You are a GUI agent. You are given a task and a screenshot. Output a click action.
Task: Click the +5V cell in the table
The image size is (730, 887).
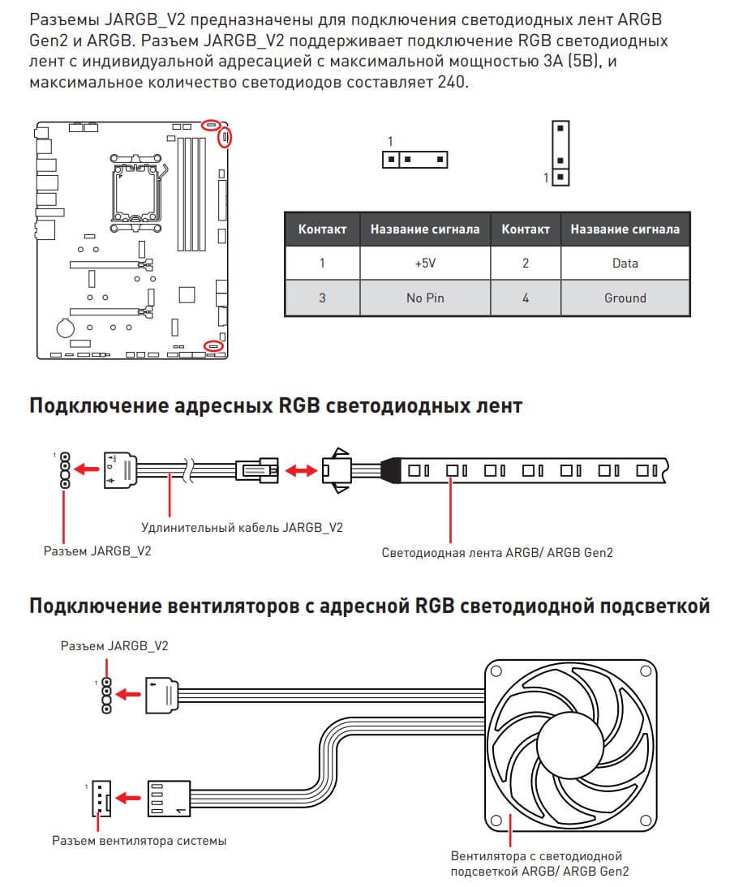pos(425,263)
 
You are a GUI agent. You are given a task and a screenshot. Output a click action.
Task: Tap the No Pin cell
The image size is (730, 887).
pos(425,298)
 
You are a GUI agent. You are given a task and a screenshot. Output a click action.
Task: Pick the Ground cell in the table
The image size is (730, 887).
pos(625,298)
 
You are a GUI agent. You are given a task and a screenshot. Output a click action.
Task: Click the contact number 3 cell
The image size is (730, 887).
pos(322,298)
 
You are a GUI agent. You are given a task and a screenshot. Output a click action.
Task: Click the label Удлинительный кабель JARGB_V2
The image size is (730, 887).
pos(242,527)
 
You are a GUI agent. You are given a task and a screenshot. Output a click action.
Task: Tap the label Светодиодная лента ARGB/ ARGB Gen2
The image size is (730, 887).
pos(497,553)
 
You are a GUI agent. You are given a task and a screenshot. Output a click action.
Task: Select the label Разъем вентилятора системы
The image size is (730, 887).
pos(139,840)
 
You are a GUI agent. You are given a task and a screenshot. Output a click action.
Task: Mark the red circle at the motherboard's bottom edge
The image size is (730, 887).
pos(213,345)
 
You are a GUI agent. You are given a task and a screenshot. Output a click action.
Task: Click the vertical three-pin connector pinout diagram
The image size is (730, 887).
pos(560,152)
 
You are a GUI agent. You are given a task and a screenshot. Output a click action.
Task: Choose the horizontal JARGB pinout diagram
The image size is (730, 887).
pos(414,159)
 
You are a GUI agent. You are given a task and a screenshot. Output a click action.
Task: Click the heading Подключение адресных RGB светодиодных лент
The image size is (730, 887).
pos(276,405)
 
